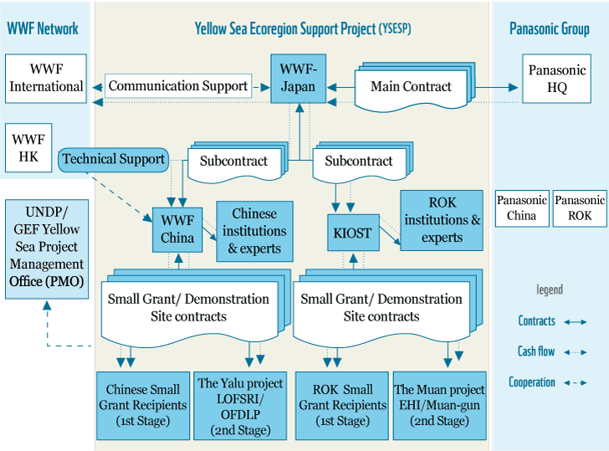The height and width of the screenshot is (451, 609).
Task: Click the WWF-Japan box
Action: pyautogui.click(x=298, y=79)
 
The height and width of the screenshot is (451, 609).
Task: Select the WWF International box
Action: pyautogui.click(x=46, y=79)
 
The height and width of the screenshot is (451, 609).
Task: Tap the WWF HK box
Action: pyautogui.click(x=28, y=147)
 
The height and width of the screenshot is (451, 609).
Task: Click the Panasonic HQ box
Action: pyautogui.click(x=556, y=79)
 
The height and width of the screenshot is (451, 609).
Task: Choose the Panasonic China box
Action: pyautogui.click(x=522, y=208)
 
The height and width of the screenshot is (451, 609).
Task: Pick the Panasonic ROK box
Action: pyautogui.click(x=580, y=208)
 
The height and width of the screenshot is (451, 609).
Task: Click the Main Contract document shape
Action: pyautogui.click(x=414, y=86)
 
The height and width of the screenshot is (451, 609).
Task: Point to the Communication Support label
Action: pyautogui.click(x=178, y=86)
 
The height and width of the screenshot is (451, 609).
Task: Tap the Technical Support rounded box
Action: pyautogui.click(x=114, y=159)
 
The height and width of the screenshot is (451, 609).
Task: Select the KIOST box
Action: pyautogui.click(x=353, y=233)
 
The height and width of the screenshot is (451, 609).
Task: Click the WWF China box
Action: pyautogui.click(x=177, y=229)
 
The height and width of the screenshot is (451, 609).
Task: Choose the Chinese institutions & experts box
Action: pyautogui.click(x=254, y=231)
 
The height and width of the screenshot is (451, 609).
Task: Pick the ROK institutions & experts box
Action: pyautogui.click(x=442, y=220)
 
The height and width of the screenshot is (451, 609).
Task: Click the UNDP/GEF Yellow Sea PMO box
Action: pyautogui.click(x=47, y=249)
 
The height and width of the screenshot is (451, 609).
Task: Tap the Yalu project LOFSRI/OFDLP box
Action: pyautogui.click(x=240, y=406)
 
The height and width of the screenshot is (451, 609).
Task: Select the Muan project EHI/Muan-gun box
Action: pyautogui.click(x=440, y=406)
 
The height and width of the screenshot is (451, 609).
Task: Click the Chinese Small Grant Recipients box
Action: pyautogui.click(x=143, y=406)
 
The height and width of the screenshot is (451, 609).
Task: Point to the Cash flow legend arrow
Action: pyautogui.click(x=576, y=352)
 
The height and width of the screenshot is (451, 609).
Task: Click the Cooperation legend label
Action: pyautogui.click(x=532, y=382)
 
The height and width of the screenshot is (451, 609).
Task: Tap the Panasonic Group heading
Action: pyautogui.click(x=549, y=28)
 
